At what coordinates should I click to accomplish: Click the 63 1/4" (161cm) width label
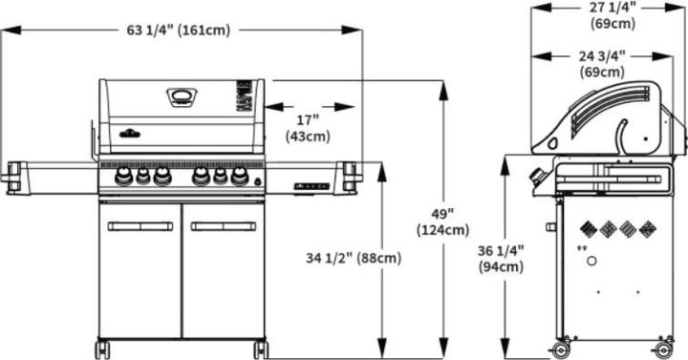point(178,31)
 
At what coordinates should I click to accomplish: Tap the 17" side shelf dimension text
point(308,120)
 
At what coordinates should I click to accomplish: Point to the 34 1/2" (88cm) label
point(353,258)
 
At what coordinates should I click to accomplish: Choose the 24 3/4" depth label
point(602,56)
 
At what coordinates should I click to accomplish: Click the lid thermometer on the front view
point(180,95)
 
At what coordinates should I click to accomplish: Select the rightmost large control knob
point(239,177)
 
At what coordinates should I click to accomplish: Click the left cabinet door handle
point(140,226)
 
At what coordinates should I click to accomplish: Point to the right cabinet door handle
point(223,226)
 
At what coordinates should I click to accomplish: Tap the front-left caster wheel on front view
point(102,349)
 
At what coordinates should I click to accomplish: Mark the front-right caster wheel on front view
point(261,349)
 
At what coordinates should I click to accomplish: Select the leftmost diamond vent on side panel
point(587,229)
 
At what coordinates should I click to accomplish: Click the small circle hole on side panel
point(592,262)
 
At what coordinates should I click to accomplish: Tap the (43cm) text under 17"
point(308,137)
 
